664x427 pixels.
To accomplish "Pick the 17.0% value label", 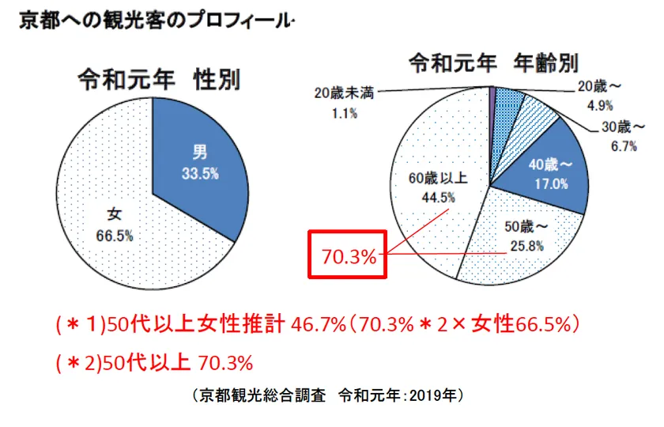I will (x=552, y=183).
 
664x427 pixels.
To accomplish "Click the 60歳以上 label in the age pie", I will (x=438, y=179).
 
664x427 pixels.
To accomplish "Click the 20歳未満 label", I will (x=344, y=92).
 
